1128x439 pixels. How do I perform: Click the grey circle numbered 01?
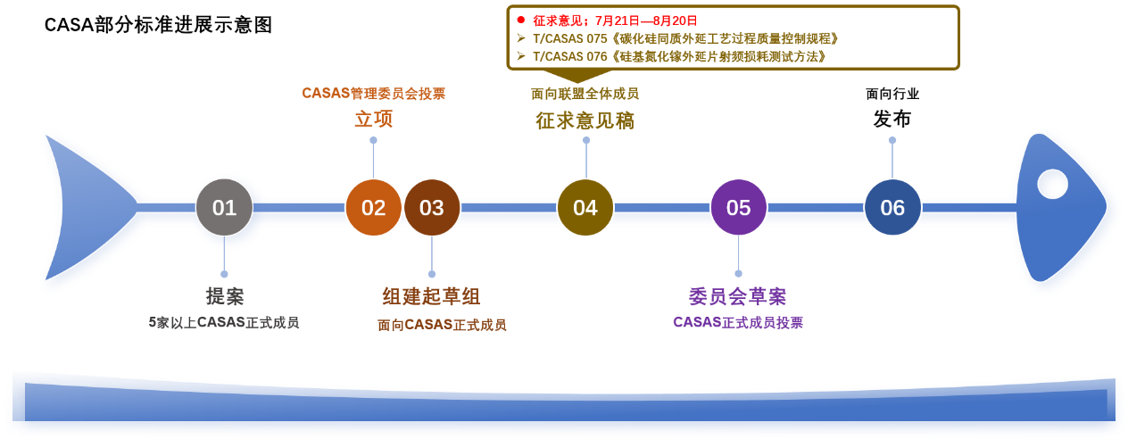point(224,207)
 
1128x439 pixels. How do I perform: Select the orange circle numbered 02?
point(373,207)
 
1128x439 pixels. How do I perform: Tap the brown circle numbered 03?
point(432,207)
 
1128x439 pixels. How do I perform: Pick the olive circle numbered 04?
point(585,207)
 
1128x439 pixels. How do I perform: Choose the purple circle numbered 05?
point(738,207)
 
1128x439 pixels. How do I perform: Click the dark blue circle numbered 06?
point(892,207)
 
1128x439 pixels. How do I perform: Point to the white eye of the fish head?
point(1052,185)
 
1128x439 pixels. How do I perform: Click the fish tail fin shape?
point(86,207)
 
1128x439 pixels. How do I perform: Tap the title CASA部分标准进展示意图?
point(158,25)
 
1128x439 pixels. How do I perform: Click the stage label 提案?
point(225,296)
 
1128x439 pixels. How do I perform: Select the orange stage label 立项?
point(373,120)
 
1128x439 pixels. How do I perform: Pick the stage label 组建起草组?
point(432,296)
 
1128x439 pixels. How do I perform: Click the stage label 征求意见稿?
point(585,120)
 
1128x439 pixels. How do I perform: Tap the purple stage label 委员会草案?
point(738,296)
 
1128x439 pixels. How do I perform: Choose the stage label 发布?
point(892,120)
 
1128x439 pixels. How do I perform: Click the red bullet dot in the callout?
point(520,21)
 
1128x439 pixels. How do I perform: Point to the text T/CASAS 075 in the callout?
point(570,38)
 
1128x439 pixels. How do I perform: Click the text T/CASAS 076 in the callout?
point(570,56)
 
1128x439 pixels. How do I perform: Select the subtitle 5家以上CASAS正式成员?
point(224,322)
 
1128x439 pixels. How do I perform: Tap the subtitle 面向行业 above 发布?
point(892,94)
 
